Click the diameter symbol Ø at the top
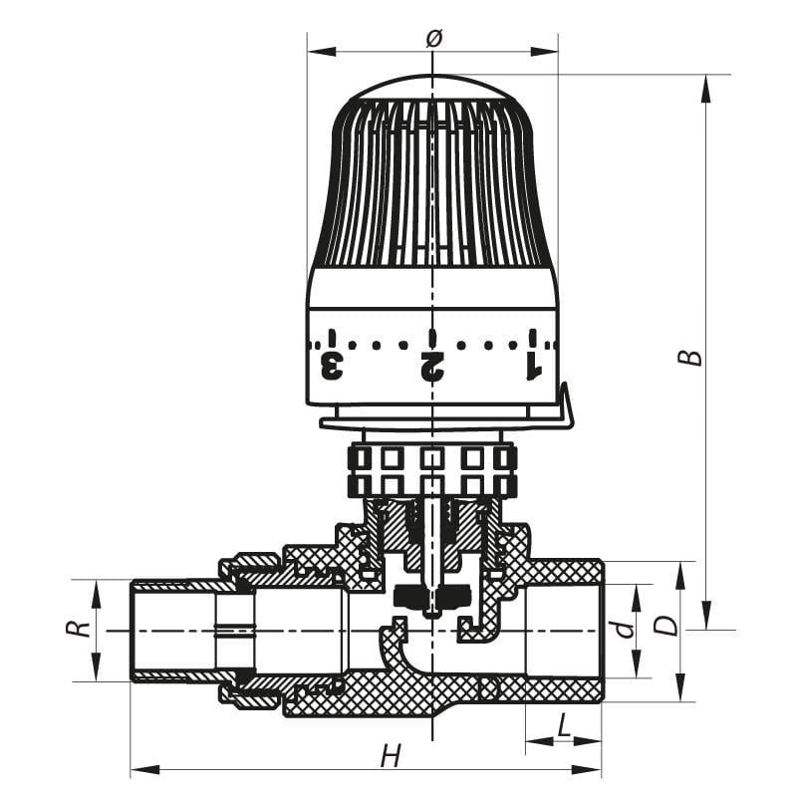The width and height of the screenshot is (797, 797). point(432,38)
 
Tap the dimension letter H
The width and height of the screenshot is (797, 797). point(391,756)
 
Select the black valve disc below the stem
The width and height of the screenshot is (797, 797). point(430,598)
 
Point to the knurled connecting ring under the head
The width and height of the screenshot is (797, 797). point(432,471)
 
